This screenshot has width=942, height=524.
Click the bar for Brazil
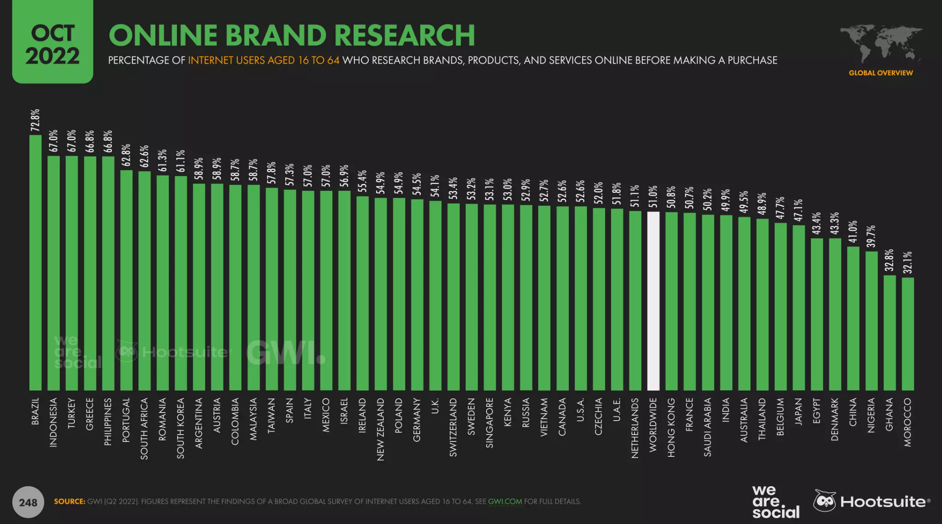coord(35,263)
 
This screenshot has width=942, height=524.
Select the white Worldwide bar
coord(653,301)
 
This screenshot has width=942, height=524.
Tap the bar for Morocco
coord(908,334)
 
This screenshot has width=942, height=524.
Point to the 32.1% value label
coord(908,263)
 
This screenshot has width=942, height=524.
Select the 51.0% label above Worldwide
coord(653,196)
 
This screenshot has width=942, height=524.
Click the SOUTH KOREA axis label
coord(180,428)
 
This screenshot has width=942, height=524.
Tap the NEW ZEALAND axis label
coord(380,429)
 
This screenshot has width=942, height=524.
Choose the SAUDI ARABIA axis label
coord(708,427)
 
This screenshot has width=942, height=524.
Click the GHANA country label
coord(889,415)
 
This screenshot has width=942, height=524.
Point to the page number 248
coord(28,502)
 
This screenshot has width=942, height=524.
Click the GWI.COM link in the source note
coord(505,501)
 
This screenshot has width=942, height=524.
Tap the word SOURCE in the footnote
coord(69,501)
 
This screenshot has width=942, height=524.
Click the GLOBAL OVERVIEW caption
coord(881,73)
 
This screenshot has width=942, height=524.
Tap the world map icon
coord(881,43)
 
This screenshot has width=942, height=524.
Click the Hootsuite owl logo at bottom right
coord(825,501)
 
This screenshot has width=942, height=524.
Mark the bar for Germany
coord(417,295)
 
